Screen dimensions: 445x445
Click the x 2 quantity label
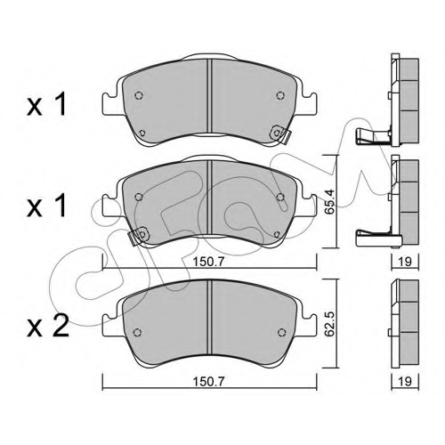click(47, 327)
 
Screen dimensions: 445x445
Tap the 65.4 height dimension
click(329, 202)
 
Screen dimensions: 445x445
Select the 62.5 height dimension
click(329, 324)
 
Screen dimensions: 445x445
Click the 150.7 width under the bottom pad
click(209, 381)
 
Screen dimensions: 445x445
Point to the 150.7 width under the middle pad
click(209, 262)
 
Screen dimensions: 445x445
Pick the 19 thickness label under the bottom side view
click(405, 381)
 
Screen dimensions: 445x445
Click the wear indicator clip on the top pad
click(280, 134)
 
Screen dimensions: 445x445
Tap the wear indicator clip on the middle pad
click(139, 236)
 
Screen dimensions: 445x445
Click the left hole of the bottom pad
click(137, 332)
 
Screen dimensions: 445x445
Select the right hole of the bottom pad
click(281, 332)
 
